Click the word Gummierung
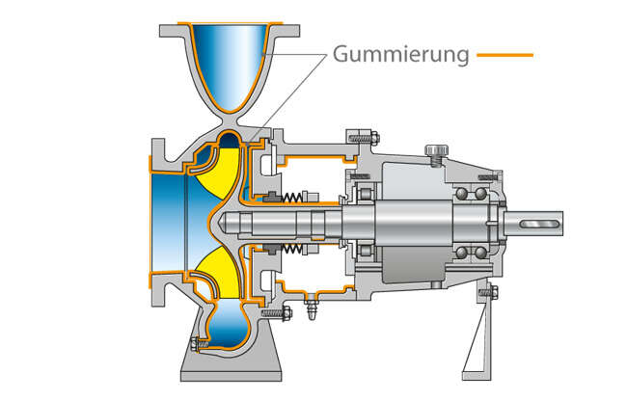[x=400, y=54]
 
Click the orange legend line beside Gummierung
[x=504, y=55]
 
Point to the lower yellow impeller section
[x=218, y=271]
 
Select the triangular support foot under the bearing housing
[x=479, y=342]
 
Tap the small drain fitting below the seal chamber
[x=311, y=310]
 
